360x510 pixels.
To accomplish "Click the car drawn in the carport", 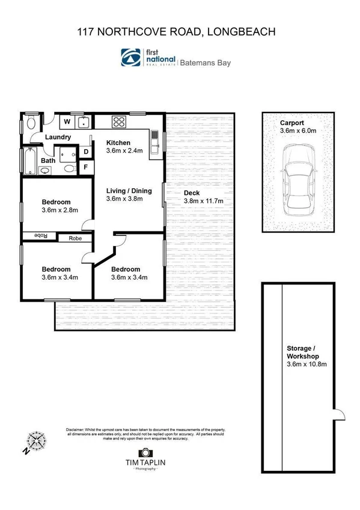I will click(x=299, y=186).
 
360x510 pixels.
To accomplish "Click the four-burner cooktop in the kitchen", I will click(x=118, y=122).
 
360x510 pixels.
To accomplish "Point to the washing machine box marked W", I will click(x=67, y=122).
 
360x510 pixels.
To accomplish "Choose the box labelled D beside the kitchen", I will click(x=86, y=152).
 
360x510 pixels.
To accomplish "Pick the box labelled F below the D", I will click(x=86, y=167).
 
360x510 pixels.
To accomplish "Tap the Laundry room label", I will click(x=58, y=137).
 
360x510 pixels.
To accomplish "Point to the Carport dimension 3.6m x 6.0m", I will click(x=299, y=131).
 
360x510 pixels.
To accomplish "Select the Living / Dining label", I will click(x=129, y=191).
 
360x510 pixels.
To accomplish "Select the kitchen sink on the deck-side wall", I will click(x=154, y=143).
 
